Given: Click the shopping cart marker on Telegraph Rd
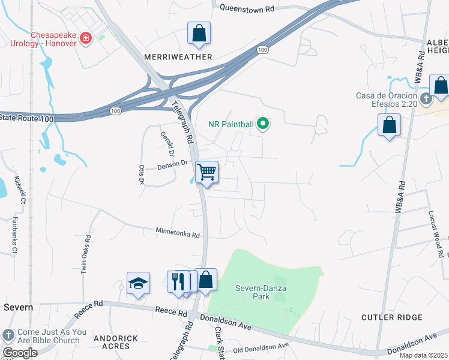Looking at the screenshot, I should tap(206, 172).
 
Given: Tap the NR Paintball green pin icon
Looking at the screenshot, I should tap(262, 124).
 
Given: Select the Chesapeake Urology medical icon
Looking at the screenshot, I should tap(86, 38).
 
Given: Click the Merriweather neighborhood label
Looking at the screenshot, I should tap(178, 57).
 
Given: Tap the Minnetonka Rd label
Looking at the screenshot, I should tap(177, 232).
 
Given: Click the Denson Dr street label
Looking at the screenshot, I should tap(173, 166).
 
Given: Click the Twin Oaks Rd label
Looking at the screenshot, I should tap(86, 257).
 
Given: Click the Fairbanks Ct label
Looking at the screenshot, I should tap(14, 235).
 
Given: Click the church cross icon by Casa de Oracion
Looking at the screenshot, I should tap(425, 98).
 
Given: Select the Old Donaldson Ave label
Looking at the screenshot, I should tap(261, 347).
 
